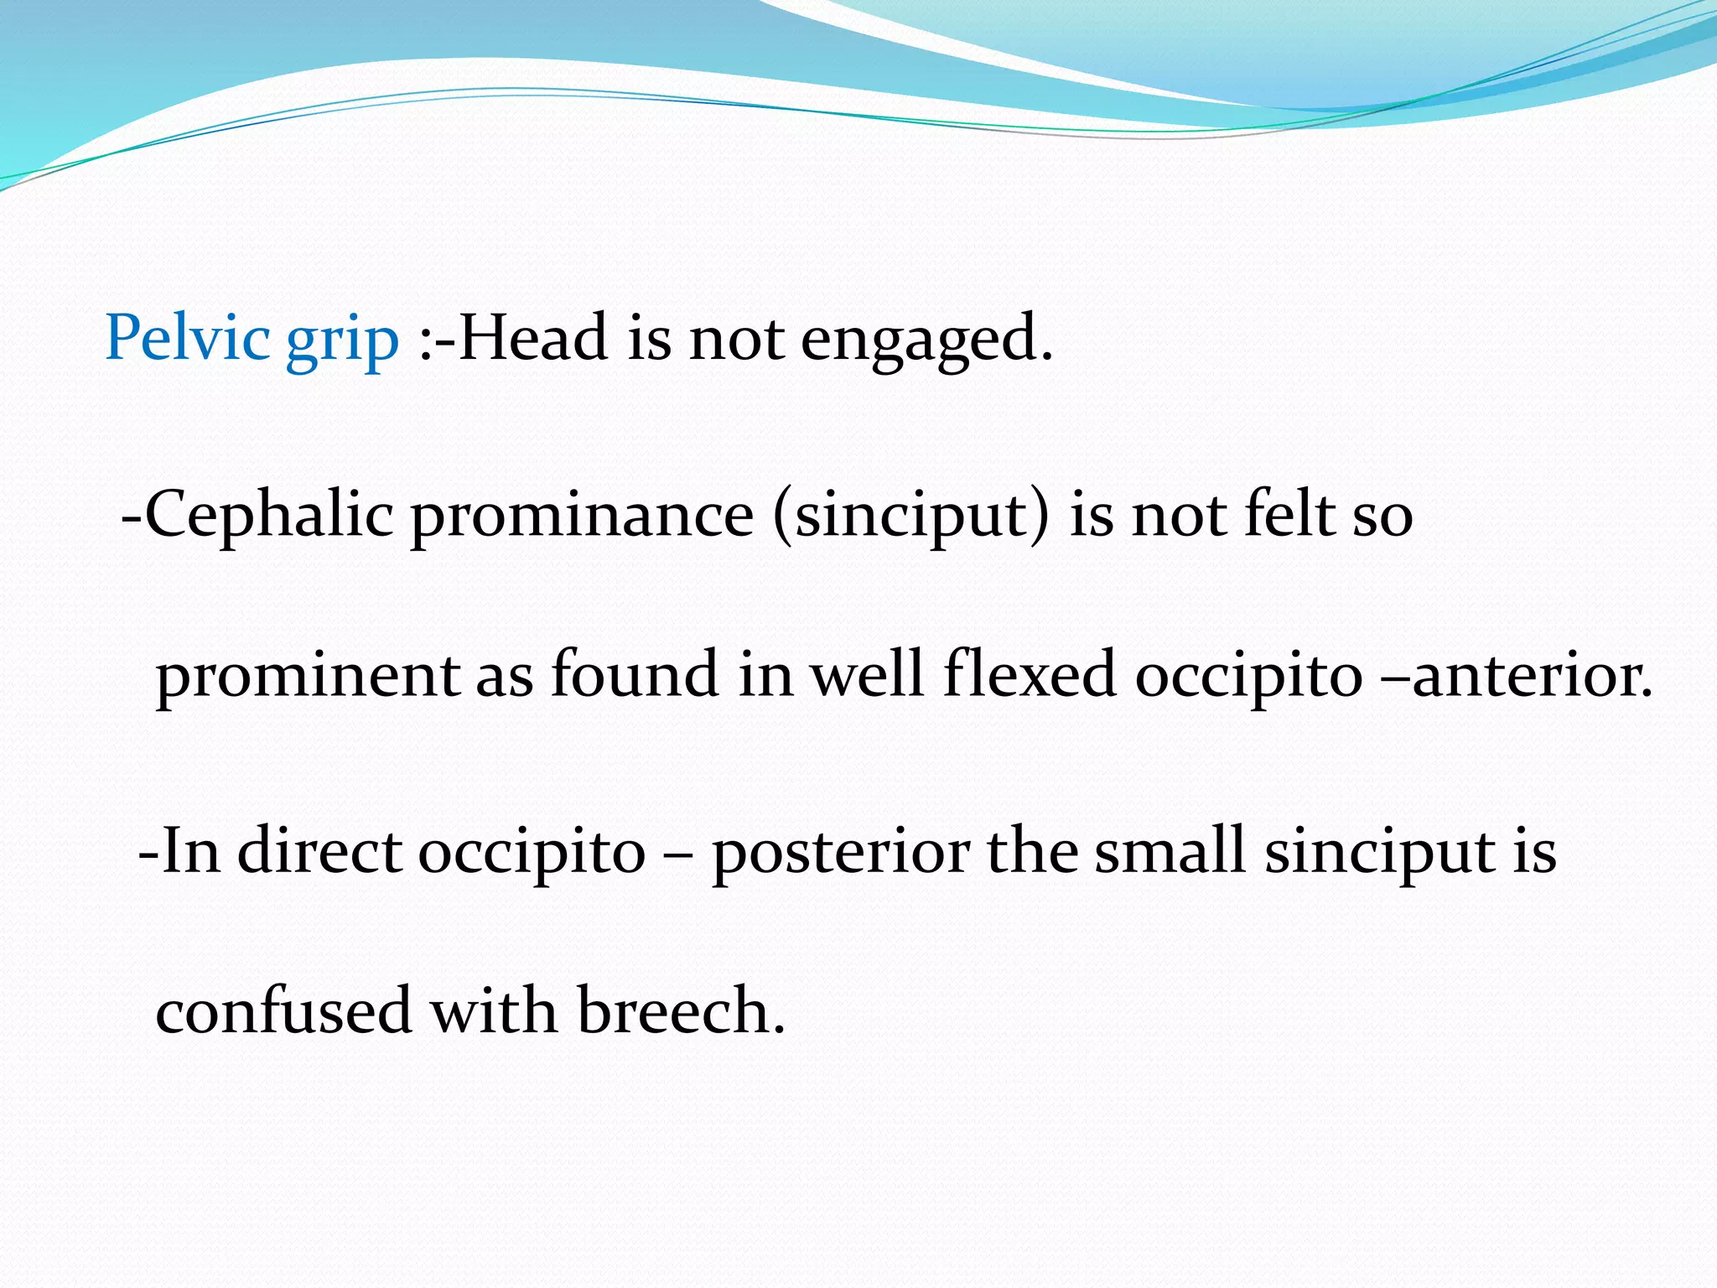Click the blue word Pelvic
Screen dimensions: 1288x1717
pos(187,338)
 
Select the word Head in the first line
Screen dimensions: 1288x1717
pos(532,338)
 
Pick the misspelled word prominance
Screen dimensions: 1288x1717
pos(582,516)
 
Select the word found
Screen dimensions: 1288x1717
pos(635,675)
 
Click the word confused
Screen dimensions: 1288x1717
pos(283,1010)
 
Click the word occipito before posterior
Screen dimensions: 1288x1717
pos(532,853)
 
